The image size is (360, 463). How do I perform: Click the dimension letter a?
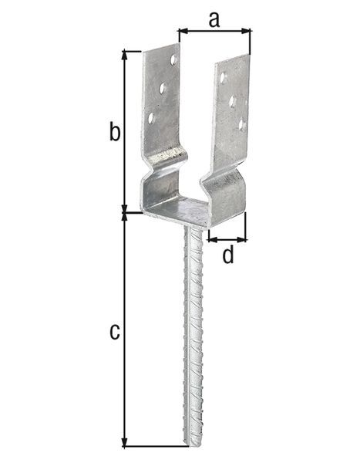pyautogui.click(x=214, y=19)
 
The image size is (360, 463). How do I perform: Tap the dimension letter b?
pyautogui.click(x=114, y=133)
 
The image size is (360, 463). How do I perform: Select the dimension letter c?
pyautogui.click(x=114, y=333)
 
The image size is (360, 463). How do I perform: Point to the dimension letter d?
pyautogui.click(x=227, y=255)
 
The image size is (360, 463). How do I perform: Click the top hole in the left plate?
pyautogui.click(x=173, y=59)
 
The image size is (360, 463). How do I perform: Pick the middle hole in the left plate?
pyautogui.click(x=162, y=89)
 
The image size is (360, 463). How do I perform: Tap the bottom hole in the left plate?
pyautogui.click(x=151, y=118)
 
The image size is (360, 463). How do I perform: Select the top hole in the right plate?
pyautogui.click(x=223, y=78)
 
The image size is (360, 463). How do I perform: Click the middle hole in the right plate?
pyautogui.click(x=232, y=101)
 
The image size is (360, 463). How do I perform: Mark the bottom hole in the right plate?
pyautogui.click(x=241, y=123)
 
